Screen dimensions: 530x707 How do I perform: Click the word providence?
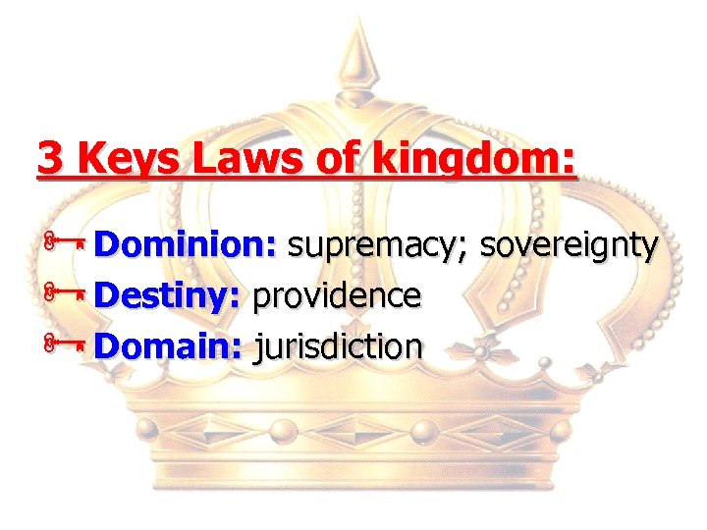pyautogui.click(x=337, y=294)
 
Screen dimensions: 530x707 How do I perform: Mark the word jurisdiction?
pyautogui.click(x=339, y=345)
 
